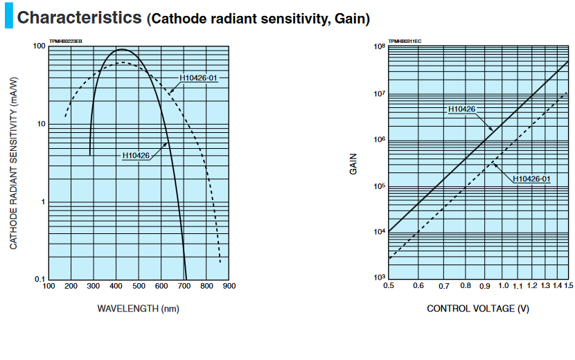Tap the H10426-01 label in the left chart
[200, 78]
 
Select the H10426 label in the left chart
[136, 156]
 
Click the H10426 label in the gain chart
[461, 109]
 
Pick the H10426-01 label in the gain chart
[532, 179]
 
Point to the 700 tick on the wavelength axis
[184, 286]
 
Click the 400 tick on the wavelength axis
[116, 286]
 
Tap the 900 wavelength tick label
[229, 286]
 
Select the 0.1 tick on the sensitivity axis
[40, 280]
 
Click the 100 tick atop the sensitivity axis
[39, 46]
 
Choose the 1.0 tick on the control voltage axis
[504, 286]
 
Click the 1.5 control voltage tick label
[568, 286]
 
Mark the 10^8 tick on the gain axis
[379, 47]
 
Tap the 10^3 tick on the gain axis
[379, 278]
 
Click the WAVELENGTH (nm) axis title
[139, 308]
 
